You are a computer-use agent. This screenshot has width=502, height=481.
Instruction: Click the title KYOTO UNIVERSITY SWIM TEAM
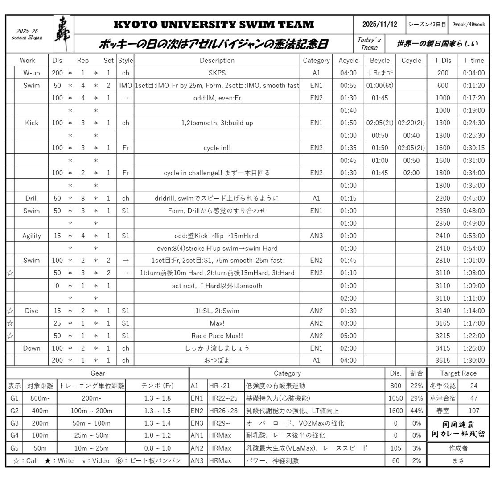(x=214, y=25)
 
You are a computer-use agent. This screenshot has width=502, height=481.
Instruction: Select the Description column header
(x=217, y=60)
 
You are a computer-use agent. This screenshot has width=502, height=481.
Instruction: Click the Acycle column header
(x=348, y=60)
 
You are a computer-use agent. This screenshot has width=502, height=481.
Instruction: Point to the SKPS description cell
(x=217, y=73)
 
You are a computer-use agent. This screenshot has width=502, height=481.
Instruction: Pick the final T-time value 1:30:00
(x=473, y=361)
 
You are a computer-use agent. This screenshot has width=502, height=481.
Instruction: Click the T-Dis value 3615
(x=443, y=361)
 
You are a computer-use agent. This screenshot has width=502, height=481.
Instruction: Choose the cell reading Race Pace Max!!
(x=217, y=336)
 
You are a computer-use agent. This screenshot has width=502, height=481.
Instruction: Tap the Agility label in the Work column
(x=31, y=236)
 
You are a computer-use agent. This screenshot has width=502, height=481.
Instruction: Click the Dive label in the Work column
(x=31, y=311)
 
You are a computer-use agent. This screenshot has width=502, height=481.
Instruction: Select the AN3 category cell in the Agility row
(x=316, y=236)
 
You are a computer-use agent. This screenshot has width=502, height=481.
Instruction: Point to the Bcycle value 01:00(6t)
(x=379, y=86)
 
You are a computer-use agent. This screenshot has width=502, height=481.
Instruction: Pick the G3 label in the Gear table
(x=14, y=423)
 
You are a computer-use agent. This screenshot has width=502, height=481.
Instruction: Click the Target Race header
(x=458, y=373)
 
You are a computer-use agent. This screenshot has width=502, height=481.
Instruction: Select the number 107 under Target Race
(x=473, y=411)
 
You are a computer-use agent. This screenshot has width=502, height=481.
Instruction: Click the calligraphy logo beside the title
(x=62, y=34)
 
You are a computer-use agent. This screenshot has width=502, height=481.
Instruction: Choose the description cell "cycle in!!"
(x=217, y=148)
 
